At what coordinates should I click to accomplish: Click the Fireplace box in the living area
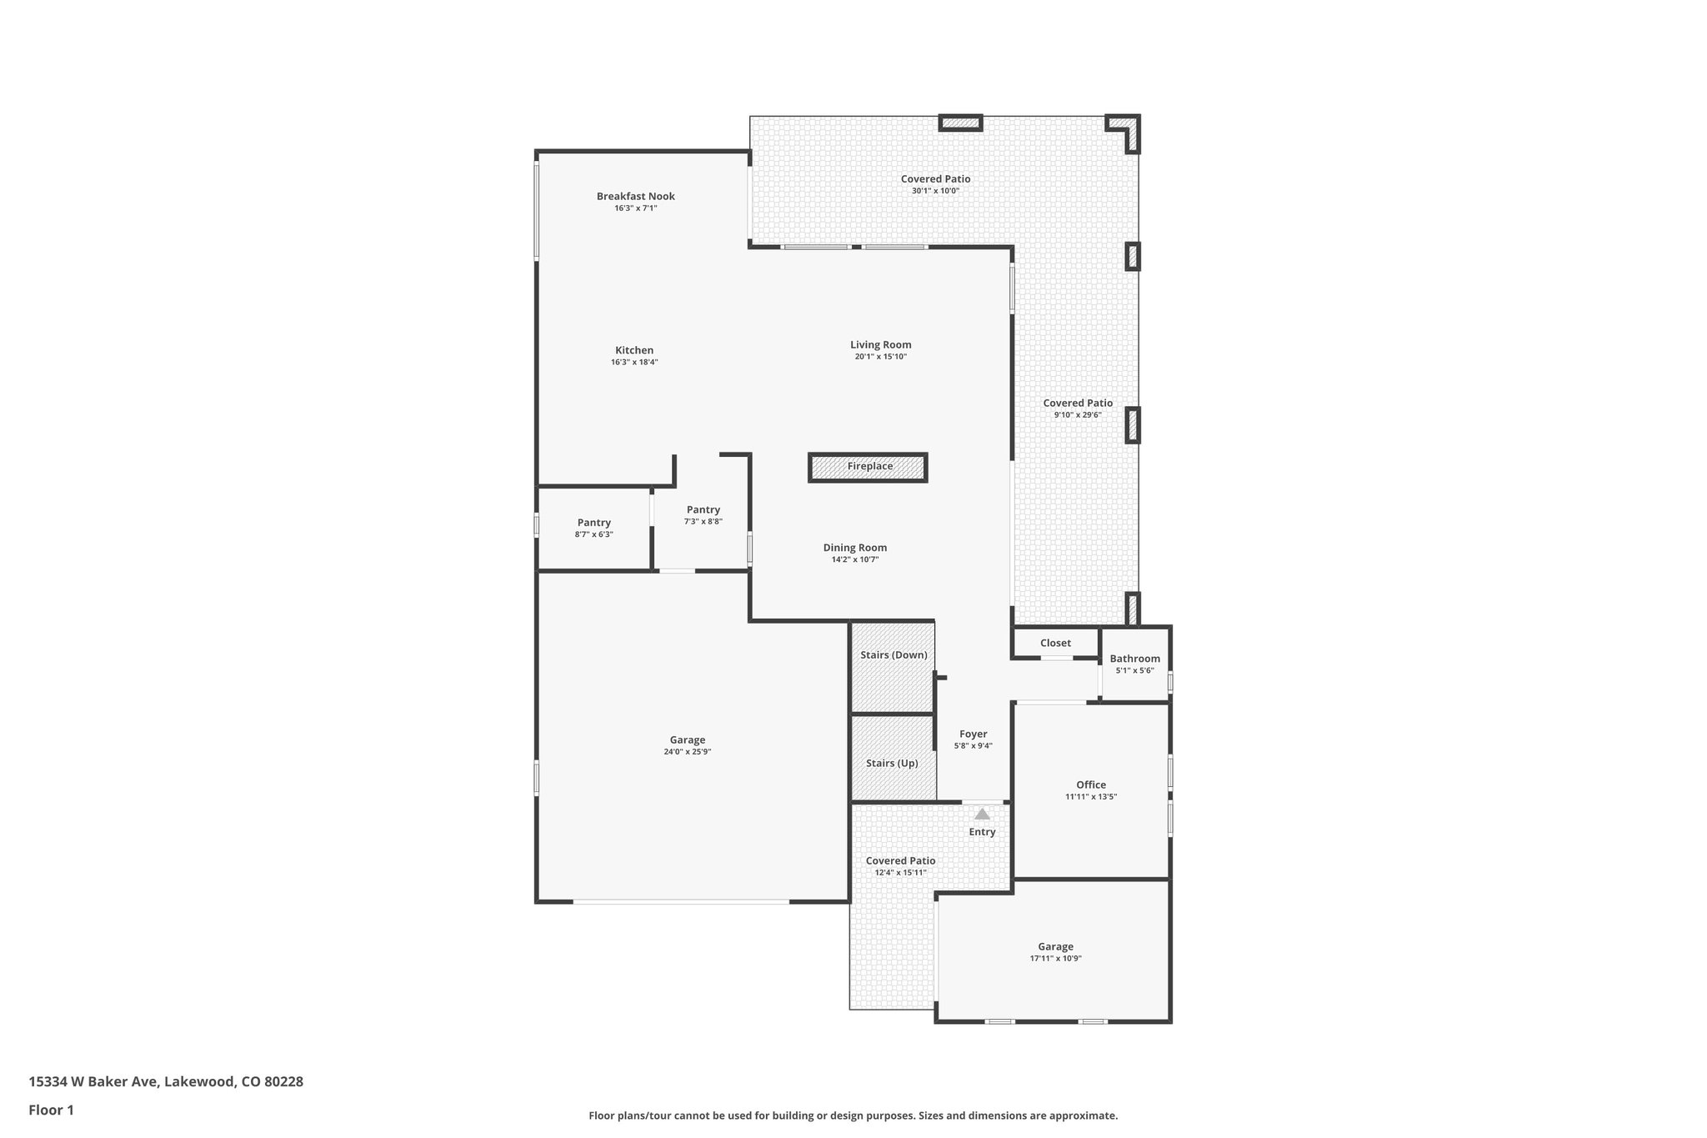868,467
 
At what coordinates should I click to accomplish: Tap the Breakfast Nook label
635,197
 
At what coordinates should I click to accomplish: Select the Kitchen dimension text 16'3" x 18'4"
634,362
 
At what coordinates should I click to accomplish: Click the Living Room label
880,344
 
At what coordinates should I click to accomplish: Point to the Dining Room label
854,548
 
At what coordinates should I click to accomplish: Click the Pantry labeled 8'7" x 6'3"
593,528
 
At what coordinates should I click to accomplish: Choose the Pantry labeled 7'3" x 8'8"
703,514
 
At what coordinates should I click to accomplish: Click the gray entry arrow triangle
982,814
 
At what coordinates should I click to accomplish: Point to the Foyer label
973,734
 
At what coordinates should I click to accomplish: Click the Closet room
1055,643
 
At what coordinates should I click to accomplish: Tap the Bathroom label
1134,659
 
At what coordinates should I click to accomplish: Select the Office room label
1090,785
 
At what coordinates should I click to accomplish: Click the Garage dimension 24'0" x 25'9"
687,752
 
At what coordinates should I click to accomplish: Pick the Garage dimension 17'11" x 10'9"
1055,959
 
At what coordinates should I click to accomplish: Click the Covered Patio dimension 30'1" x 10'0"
935,191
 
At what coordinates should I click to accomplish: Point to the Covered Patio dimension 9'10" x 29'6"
1078,414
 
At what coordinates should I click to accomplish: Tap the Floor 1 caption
51,1110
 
